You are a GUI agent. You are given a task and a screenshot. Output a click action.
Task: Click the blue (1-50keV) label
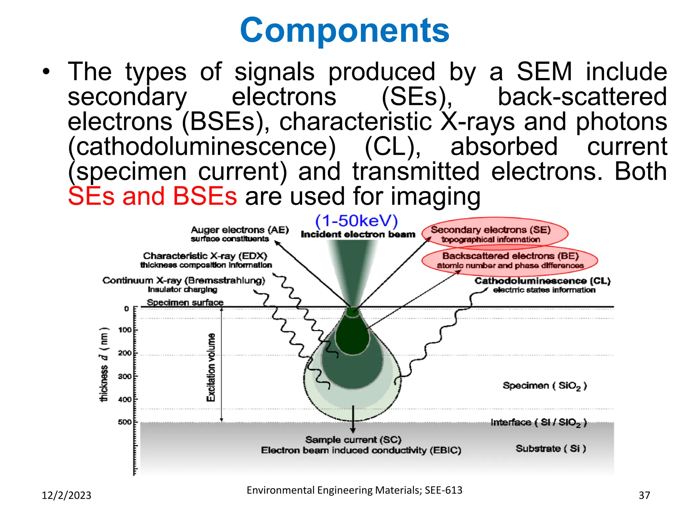click(356, 221)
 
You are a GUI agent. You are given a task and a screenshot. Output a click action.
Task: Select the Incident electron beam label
click(358, 234)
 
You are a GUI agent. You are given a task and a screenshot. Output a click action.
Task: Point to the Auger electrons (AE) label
click(240, 230)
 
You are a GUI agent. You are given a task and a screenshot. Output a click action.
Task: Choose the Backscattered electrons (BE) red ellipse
click(510, 260)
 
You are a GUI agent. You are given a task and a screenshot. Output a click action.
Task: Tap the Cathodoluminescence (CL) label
click(542, 281)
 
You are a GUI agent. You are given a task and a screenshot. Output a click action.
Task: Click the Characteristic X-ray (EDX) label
click(205, 256)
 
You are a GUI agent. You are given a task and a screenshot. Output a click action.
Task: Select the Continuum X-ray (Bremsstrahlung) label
click(183, 281)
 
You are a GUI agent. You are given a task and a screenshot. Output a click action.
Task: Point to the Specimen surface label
click(185, 302)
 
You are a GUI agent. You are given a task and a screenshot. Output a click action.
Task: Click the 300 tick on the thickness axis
click(125, 376)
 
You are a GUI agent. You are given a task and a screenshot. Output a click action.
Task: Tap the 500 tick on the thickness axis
click(125, 422)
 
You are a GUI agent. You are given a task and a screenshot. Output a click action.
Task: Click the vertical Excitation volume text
click(211, 367)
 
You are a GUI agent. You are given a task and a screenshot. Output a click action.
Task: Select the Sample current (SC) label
click(353, 440)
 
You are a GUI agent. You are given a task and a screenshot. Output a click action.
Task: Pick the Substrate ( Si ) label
click(550, 449)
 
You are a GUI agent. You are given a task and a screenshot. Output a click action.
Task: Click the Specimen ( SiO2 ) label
click(544, 386)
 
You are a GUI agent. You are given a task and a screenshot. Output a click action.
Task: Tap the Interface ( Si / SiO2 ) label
click(539, 422)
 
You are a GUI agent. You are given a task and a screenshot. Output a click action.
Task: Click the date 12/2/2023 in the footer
click(66, 495)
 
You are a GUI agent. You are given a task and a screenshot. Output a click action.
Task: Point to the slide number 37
click(644, 495)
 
